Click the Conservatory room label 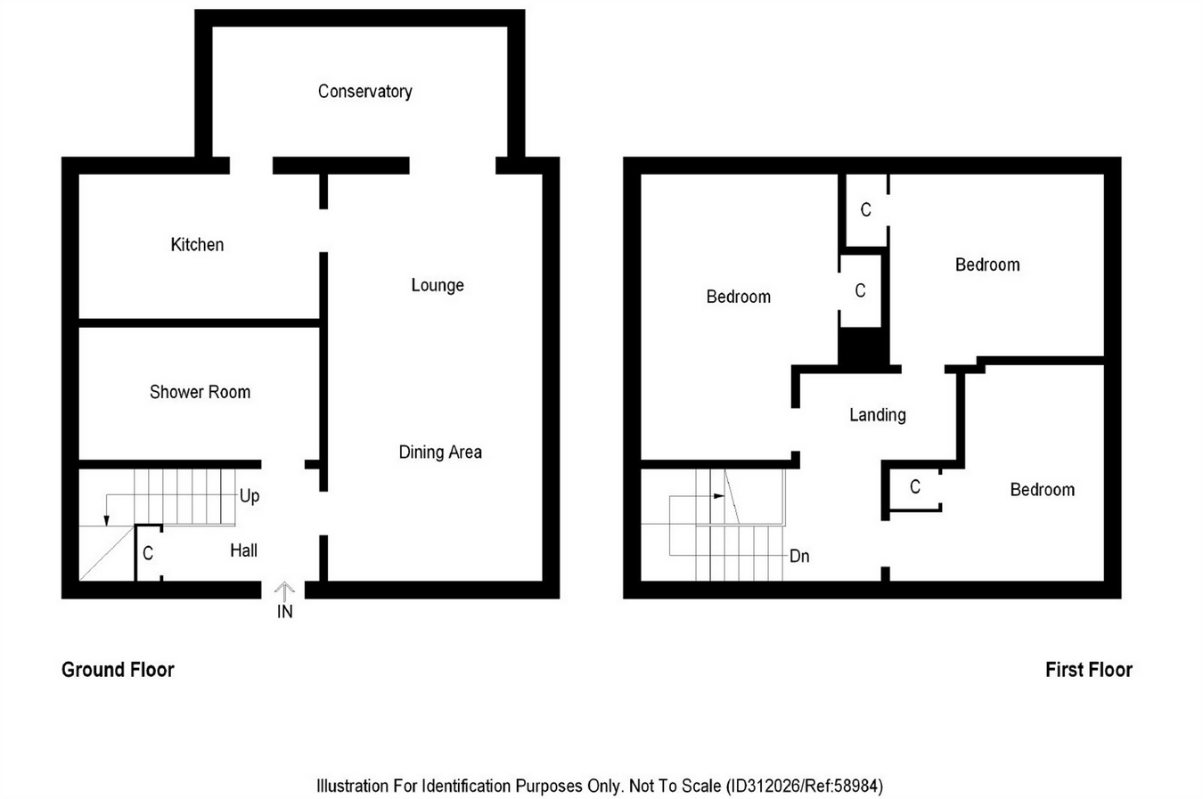click(364, 91)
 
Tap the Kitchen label click(197, 245)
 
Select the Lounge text click(438, 285)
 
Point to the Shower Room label click(200, 392)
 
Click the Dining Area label click(440, 452)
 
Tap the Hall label click(243, 550)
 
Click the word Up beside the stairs click(250, 495)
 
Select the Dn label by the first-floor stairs click(799, 556)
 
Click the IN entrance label click(284, 612)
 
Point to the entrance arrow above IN click(284, 591)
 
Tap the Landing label click(878, 415)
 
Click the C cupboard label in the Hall click(148, 553)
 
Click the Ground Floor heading click(118, 670)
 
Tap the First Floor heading click(1089, 670)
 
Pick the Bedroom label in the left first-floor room click(738, 297)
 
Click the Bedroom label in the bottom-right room click(1042, 490)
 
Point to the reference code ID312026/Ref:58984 click(805, 787)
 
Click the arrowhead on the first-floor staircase click(719, 496)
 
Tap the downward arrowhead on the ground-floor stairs click(106, 520)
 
